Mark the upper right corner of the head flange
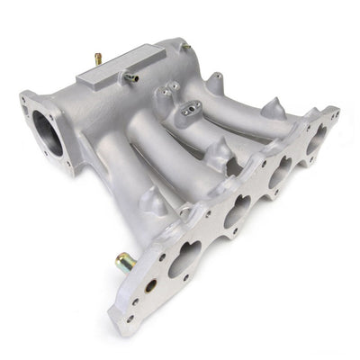click(336, 112)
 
